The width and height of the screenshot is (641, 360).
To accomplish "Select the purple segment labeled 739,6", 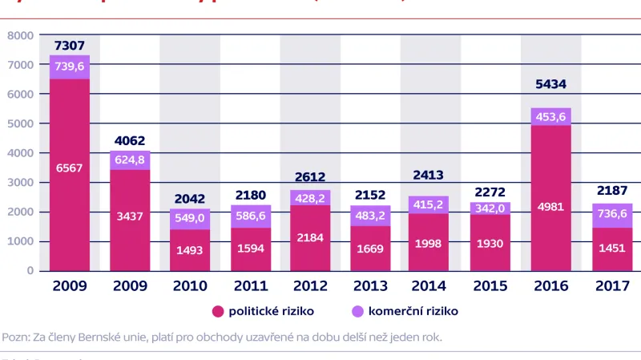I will [70, 67].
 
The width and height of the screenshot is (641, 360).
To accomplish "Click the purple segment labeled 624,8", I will [130, 160].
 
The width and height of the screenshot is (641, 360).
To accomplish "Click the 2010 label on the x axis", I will [190, 286].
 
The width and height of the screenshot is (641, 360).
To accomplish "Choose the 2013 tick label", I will [370, 286].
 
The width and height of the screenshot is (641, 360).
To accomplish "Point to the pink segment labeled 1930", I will [490, 242].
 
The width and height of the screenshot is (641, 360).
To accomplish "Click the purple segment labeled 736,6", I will [611, 214].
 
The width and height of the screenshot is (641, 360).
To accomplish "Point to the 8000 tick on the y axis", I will [20, 35].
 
